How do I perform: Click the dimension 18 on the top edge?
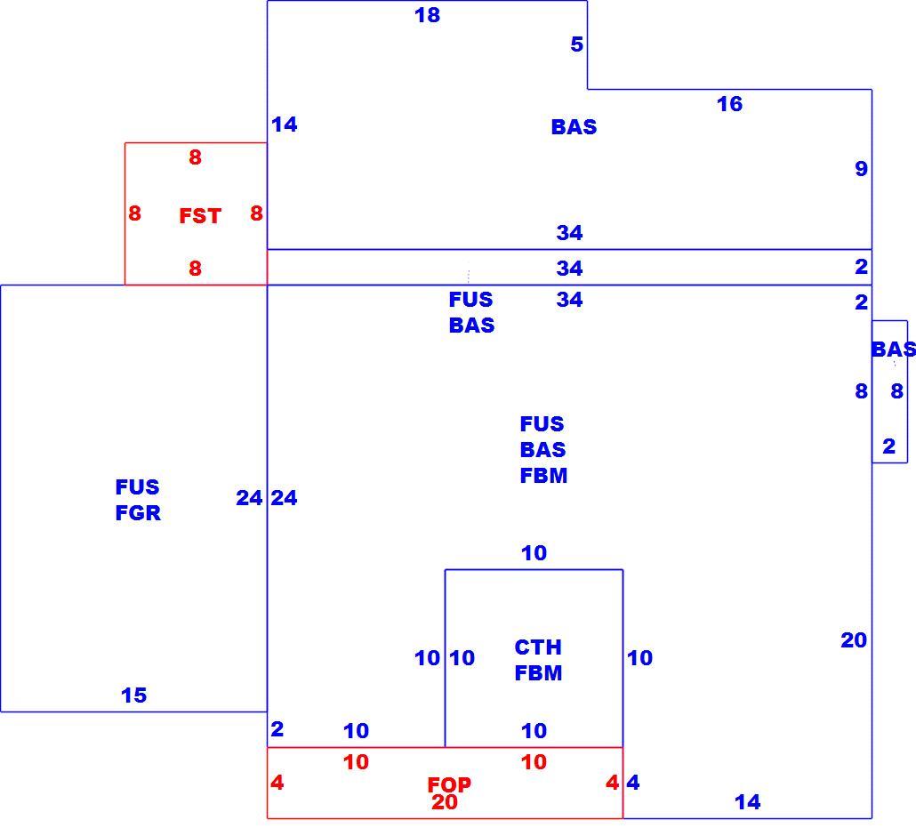427,15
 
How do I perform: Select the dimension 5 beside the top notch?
576,44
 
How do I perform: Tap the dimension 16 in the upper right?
729,104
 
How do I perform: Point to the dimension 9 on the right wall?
861,169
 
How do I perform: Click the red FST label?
200,216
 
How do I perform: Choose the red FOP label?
449,784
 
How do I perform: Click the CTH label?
538,647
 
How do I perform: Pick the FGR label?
138,513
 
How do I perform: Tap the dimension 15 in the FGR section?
133,695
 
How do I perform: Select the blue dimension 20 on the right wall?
854,640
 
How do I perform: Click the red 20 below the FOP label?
445,802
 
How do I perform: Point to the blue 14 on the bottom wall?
748,802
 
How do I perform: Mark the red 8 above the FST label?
195,157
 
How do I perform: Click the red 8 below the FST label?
195,269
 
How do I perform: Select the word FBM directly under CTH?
538,673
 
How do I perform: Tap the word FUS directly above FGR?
137,487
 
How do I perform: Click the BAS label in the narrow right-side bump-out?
893,350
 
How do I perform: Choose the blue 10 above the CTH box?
534,553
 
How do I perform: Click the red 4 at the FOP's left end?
277,783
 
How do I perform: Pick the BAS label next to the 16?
574,127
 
